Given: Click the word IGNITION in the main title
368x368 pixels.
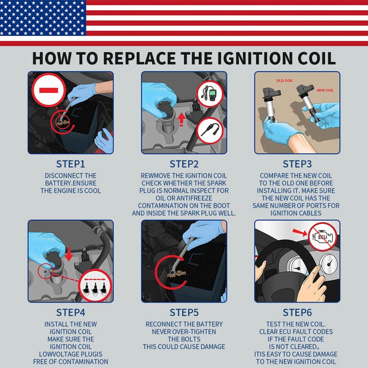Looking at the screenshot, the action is (256, 58).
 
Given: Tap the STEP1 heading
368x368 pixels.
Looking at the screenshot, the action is (71, 164).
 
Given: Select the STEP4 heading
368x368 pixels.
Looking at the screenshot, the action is (71, 313).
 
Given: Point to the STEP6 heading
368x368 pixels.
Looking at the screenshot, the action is (297, 313).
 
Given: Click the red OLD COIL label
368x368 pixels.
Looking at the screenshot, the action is (285, 81).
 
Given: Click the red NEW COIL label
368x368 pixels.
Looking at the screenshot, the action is (325, 90).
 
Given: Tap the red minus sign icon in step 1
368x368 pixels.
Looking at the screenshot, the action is (49, 90).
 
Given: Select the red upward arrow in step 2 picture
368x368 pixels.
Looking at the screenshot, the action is (181, 120).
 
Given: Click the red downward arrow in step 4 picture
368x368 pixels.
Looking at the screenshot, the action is (69, 254).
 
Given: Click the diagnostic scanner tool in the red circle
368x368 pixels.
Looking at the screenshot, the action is (210, 94).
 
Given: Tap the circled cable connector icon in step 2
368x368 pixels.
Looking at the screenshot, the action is (210, 130).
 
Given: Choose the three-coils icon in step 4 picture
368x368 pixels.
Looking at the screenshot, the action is (95, 286).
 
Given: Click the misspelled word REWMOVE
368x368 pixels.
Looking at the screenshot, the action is (155, 176).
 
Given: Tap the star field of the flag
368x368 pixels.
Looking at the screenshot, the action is (43, 18).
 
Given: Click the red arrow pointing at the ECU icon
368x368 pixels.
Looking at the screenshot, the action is (300, 232).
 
